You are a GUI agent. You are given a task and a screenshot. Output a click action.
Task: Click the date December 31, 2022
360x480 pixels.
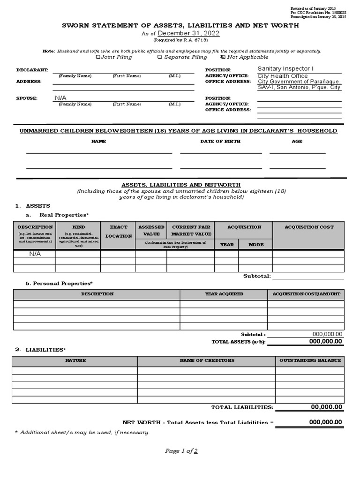[x=188, y=34]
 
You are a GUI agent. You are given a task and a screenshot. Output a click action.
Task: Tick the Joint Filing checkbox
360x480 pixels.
[x=98, y=57]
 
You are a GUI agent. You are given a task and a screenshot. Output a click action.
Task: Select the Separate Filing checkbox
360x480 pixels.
[x=160, y=57]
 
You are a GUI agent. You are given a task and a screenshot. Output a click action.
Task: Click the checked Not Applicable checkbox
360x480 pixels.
[x=223, y=57]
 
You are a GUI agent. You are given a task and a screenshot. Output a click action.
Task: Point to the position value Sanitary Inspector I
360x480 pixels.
[x=285, y=69]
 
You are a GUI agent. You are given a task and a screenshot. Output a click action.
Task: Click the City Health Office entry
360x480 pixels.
[x=283, y=76]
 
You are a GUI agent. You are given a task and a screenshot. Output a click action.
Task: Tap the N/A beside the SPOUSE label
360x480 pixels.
[x=61, y=98]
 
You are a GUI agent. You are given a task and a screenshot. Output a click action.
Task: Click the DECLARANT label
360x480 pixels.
[x=32, y=70]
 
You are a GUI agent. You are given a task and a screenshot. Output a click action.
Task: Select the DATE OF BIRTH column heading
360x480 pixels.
[x=220, y=141]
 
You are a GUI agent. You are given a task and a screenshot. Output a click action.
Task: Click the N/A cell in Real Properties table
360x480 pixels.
[x=35, y=254]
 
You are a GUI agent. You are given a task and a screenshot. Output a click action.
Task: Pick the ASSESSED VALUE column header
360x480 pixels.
[x=151, y=230]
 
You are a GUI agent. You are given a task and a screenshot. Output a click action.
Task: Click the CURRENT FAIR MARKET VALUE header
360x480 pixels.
[x=191, y=230]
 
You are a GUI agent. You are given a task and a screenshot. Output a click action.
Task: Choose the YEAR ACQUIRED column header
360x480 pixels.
[x=224, y=294]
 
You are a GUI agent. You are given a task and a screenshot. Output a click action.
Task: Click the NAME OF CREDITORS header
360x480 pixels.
[x=207, y=360]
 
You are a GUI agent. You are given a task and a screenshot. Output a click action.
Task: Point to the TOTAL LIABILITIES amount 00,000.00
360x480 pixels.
[x=326, y=407]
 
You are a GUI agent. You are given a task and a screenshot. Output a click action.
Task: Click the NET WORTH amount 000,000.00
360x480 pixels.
[x=325, y=422]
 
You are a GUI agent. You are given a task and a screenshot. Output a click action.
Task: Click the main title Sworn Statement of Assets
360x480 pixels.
[x=180, y=25]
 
